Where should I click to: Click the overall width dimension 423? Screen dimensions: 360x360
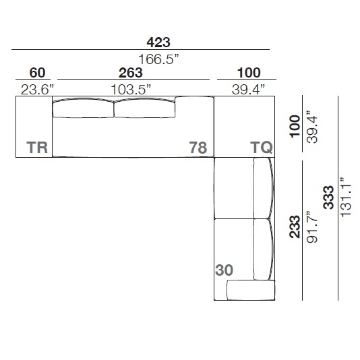(158, 42)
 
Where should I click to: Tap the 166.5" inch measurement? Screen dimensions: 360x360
(158, 59)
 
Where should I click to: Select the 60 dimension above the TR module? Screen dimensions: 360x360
(37, 73)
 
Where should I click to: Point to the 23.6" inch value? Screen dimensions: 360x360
(37, 89)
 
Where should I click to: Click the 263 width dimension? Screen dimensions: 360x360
(131, 73)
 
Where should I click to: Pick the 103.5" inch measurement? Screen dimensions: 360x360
(131, 89)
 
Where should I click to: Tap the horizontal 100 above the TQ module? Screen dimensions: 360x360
(249, 73)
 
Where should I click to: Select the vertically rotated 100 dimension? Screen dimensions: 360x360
(295, 127)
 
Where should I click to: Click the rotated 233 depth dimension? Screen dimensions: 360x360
(295, 227)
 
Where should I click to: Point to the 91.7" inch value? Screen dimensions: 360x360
(312, 227)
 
